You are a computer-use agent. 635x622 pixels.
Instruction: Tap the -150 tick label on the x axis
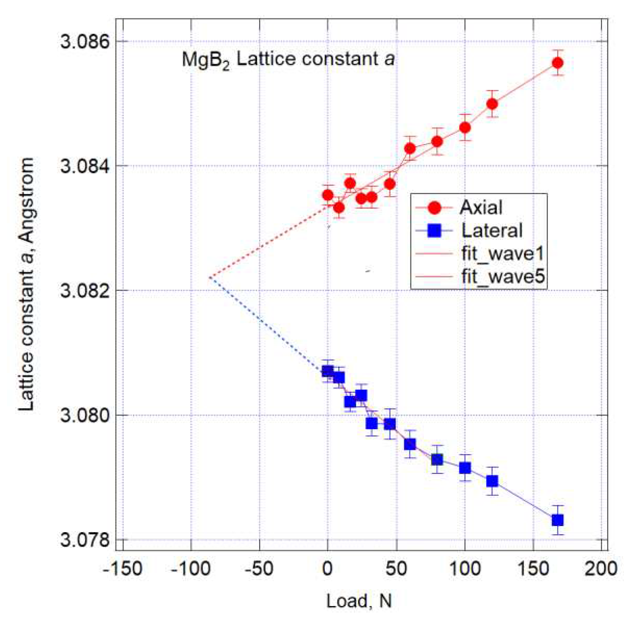click(122, 569)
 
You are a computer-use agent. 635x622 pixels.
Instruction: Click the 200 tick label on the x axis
click(601, 569)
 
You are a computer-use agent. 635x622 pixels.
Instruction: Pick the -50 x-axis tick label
click(259, 569)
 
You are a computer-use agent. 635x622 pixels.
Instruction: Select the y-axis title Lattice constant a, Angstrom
click(27, 284)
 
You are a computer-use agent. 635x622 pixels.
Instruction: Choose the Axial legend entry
click(480, 207)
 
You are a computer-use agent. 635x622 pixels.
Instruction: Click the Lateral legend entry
click(491, 231)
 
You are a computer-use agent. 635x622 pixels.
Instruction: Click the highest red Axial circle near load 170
click(557, 63)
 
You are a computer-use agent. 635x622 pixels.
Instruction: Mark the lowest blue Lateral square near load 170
click(557, 520)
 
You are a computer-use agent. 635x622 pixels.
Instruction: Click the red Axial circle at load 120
click(492, 104)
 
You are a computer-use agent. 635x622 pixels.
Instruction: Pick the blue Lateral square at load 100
click(465, 468)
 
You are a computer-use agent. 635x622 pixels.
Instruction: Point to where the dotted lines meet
click(209, 277)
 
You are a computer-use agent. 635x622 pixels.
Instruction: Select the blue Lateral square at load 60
click(410, 444)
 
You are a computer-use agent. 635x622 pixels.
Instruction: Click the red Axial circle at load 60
click(410, 148)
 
